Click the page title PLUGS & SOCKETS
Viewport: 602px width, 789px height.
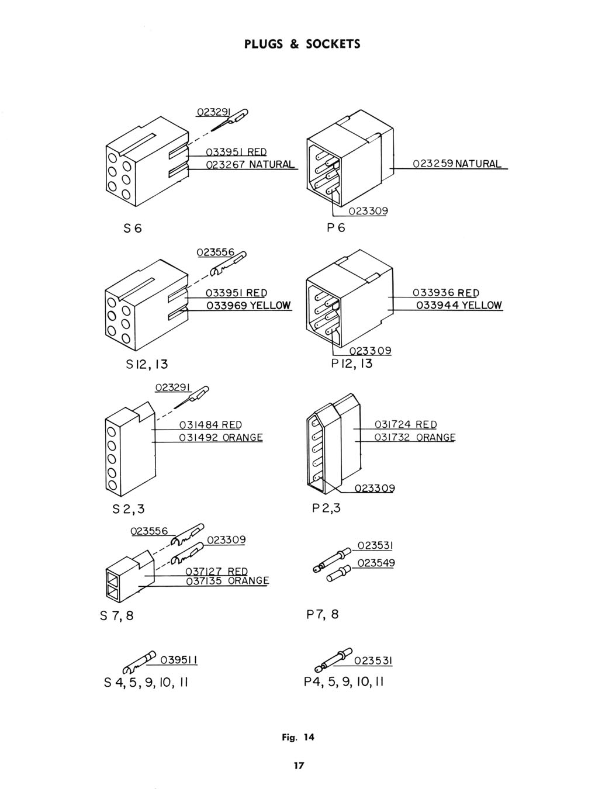point(302,44)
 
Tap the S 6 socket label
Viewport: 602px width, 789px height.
point(133,228)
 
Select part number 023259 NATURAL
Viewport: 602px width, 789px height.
point(457,164)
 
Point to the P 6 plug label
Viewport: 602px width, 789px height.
point(335,227)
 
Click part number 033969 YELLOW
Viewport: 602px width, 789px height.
point(248,306)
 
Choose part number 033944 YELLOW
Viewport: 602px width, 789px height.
point(459,305)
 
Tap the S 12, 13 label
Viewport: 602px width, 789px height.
point(147,364)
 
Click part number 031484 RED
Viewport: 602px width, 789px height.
point(210,425)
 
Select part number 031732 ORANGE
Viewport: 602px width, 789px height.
point(415,437)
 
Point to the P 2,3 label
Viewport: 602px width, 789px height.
point(326,508)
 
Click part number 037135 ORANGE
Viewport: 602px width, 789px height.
point(227,580)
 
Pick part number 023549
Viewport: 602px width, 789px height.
point(376,563)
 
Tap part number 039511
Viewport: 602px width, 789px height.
point(179,660)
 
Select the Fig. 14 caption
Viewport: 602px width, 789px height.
point(298,738)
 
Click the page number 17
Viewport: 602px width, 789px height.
point(299,766)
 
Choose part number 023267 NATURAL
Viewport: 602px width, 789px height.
point(250,164)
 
